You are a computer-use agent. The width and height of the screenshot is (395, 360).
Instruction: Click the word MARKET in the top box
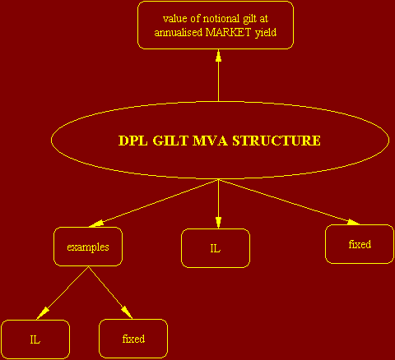click(228, 32)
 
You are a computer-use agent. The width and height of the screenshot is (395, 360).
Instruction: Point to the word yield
click(266, 33)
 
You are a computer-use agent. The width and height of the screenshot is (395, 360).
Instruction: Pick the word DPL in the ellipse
click(133, 141)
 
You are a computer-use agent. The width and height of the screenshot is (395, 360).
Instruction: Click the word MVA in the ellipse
click(210, 141)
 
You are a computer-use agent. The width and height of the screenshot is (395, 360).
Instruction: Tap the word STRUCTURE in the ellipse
click(276, 141)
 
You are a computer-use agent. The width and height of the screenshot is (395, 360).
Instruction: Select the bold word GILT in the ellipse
click(170, 141)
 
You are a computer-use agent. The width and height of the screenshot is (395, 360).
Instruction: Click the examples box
click(88, 247)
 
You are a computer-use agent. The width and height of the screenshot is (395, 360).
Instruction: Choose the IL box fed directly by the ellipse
click(216, 248)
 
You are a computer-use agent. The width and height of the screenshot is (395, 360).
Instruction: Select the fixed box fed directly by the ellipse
click(360, 244)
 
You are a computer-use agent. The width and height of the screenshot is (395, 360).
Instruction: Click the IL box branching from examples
click(35, 339)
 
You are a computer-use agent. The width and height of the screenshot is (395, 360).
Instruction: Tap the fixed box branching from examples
click(133, 339)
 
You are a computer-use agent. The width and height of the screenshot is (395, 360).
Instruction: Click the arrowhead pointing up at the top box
click(218, 56)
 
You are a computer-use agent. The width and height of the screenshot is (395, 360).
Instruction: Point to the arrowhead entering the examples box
click(96, 224)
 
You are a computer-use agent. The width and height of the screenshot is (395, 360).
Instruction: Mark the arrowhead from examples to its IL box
click(43, 313)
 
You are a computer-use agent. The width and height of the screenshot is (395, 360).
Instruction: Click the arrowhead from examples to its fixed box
click(127, 312)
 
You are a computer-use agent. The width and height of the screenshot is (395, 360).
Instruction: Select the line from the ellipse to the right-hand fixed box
click(289, 202)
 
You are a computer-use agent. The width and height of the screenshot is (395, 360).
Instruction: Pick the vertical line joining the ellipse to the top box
click(218, 76)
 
